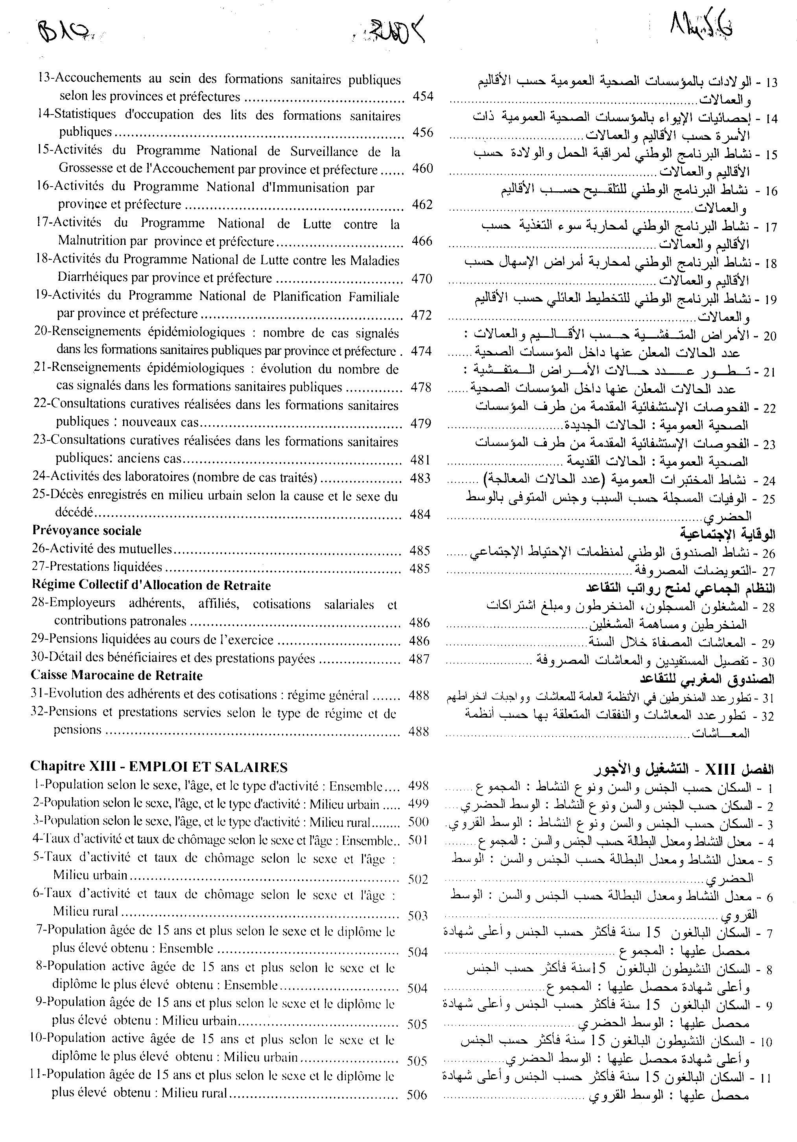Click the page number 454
click(422, 96)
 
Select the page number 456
click(422, 132)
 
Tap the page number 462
click(422, 204)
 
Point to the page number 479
click(421, 423)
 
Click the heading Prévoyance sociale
click(87, 531)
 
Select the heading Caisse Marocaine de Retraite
click(116, 676)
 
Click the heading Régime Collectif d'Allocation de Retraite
click(151, 585)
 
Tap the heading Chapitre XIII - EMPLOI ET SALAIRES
click(159, 767)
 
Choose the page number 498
click(418, 786)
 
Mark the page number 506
click(417, 1094)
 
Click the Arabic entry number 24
click(769, 481)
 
